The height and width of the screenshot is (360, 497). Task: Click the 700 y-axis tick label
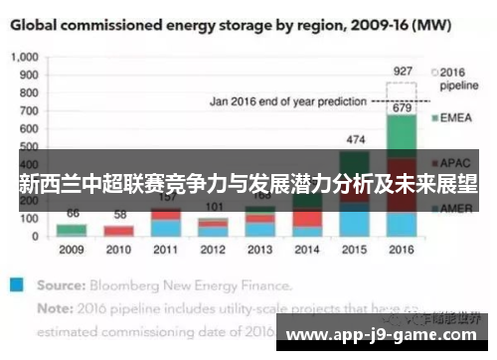[x=30, y=111]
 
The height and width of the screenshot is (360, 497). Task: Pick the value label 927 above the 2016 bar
[x=403, y=71]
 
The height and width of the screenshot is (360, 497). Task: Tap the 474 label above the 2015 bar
[x=355, y=138]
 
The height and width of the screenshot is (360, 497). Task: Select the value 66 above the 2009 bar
[x=72, y=213]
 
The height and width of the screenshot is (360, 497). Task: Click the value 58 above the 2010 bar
[x=119, y=215]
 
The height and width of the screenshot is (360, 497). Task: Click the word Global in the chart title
[x=39, y=22]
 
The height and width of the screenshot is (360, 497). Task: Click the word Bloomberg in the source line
[x=121, y=283]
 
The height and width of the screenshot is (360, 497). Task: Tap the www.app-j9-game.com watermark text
[x=385, y=334]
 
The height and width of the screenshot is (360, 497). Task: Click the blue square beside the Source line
[x=15, y=283]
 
